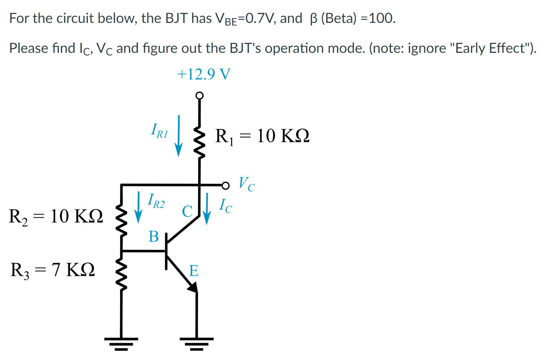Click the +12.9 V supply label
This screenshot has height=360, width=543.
[204, 74]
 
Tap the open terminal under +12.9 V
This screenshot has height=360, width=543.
[199, 96]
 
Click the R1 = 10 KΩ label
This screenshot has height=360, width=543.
[262, 136]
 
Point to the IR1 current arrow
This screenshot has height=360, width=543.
[179, 136]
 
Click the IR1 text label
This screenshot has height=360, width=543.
[159, 131]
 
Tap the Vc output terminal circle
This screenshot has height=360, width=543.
[225, 185]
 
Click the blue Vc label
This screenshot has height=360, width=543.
[246, 184]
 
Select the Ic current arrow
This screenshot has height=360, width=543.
[207, 209]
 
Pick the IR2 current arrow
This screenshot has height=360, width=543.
[138, 207]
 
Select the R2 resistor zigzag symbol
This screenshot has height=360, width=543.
[122, 221]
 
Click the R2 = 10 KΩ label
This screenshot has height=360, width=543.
[56, 216]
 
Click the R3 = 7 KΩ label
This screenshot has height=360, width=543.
[52, 270]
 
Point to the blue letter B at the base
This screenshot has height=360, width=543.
[153, 236]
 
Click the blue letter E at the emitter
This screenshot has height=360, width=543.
[194, 271]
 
